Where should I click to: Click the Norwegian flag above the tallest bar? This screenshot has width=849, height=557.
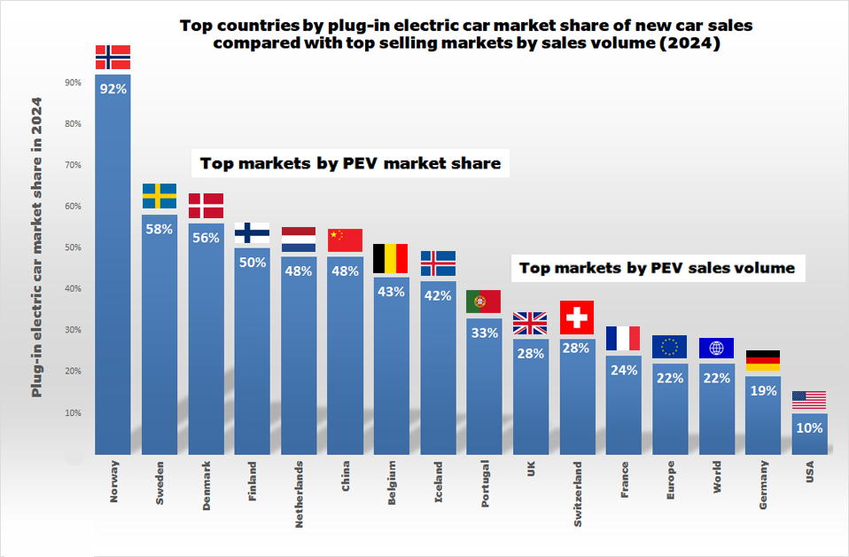[113, 57]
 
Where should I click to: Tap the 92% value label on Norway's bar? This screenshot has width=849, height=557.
[113, 89]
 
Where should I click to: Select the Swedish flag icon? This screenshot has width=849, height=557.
[160, 196]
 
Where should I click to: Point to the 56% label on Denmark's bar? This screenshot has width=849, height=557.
[206, 238]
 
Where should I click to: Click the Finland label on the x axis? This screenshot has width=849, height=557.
[252, 482]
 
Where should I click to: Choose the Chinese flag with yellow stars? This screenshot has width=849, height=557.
[345, 240]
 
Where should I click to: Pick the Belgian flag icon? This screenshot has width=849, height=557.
[391, 258]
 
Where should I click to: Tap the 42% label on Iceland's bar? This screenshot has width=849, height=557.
[438, 295]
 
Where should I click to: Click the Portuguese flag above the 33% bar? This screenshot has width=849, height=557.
[484, 302]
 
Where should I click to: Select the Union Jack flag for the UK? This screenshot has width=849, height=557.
[530, 323]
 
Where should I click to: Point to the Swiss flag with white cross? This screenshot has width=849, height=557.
[576, 317]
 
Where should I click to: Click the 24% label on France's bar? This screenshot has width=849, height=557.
[623, 370]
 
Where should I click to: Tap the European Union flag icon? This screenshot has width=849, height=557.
[669, 347]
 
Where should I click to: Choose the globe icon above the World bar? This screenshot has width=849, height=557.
[716, 348]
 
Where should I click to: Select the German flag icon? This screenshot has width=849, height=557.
[762, 361]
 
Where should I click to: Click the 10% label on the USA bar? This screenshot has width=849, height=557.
[809, 428]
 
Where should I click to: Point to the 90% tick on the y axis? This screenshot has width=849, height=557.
[73, 82]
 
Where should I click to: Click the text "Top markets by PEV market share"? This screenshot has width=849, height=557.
[350, 163]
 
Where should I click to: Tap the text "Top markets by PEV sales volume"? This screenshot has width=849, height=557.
[657, 267]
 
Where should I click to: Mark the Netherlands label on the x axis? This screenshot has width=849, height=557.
[299, 494]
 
